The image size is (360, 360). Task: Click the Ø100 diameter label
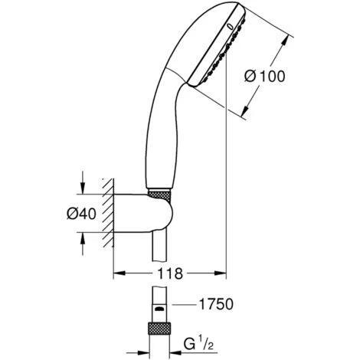[x=264, y=77]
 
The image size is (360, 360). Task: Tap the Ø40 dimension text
[x=81, y=214]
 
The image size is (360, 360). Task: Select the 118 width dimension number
[x=170, y=273]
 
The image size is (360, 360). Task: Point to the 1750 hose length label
[x=216, y=304]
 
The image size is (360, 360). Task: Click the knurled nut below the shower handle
[x=159, y=196]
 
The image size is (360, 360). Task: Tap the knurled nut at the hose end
[x=159, y=328]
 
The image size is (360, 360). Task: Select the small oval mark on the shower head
[x=231, y=27]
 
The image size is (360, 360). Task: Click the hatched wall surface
[x=108, y=213]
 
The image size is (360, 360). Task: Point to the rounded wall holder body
[x=143, y=214]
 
